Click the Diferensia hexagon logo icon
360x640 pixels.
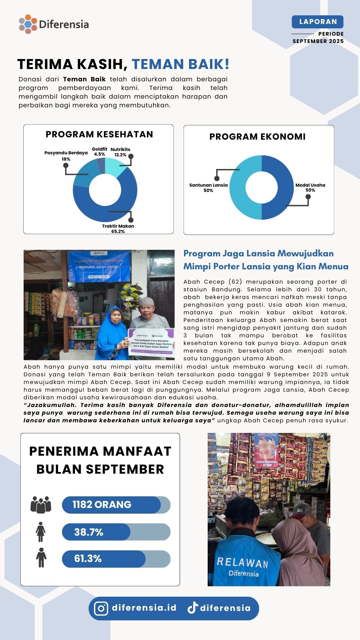28,24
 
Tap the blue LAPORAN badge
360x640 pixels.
317,22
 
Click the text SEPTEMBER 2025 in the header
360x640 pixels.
318,41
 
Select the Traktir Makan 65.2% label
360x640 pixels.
118,229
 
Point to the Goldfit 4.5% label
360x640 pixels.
99,152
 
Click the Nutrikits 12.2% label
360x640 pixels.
120,152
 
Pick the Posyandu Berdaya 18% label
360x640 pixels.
66,156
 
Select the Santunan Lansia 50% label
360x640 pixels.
208,188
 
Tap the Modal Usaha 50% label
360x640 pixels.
310,187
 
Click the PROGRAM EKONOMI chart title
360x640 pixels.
257,137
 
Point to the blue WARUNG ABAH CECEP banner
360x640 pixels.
99,266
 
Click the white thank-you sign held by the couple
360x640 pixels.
151,343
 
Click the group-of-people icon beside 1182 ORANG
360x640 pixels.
41,505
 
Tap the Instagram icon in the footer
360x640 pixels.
101,608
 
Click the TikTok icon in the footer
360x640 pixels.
192,608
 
